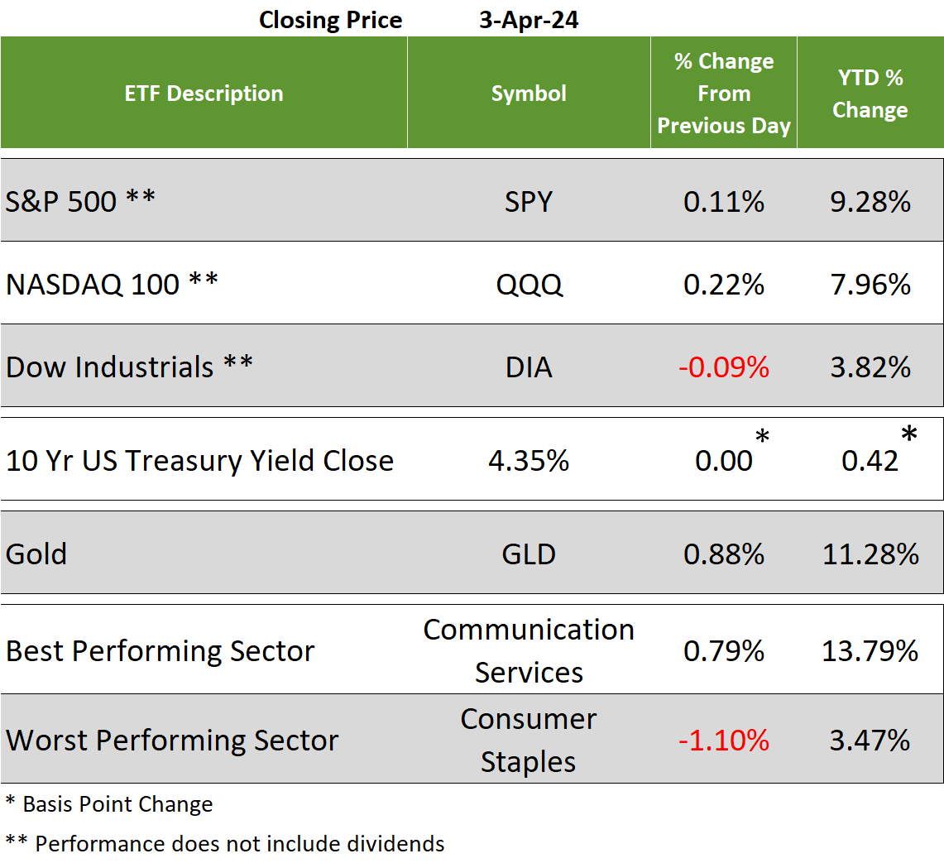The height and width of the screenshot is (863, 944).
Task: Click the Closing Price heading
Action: click(x=330, y=20)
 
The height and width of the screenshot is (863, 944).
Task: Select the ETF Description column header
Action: click(x=204, y=93)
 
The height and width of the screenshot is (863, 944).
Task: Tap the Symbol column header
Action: click(x=529, y=93)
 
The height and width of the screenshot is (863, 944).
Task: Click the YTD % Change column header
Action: click(x=870, y=93)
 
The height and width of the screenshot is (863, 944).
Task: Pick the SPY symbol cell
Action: click(x=529, y=201)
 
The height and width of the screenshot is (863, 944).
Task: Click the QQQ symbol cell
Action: click(x=529, y=285)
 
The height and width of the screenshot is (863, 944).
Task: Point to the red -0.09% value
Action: click(x=723, y=367)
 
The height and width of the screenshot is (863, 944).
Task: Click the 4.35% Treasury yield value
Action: click(x=529, y=461)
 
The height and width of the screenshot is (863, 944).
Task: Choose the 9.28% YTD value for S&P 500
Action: click(x=870, y=201)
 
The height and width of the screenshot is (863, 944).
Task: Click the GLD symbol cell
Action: click(x=529, y=554)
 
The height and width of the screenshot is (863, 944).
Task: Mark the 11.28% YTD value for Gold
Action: click(x=870, y=554)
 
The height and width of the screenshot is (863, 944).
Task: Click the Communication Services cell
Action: click(x=529, y=650)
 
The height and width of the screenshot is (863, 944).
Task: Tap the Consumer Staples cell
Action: click(x=529, y=740)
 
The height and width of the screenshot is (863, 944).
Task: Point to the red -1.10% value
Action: click(x=723, y=740)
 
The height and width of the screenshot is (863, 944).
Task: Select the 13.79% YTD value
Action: click(x=870, y=650)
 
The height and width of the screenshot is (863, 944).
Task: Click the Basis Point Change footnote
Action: click(x=109, y=804)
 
